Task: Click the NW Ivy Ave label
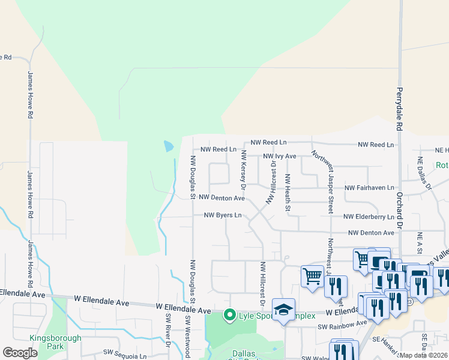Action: (280, 156)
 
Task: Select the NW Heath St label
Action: (288, 193)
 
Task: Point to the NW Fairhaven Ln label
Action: (369, 188)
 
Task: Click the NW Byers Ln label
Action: (223, 215)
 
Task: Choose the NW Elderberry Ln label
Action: (369, 217)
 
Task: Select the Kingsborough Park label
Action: (55, 342)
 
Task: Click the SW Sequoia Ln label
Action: (125, 355)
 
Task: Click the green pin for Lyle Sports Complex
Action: (229, 314)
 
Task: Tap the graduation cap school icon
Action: (283, 310)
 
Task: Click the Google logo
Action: (20, 353)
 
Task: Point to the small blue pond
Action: (169, 146)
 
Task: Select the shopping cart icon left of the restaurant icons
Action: (312, 277)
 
